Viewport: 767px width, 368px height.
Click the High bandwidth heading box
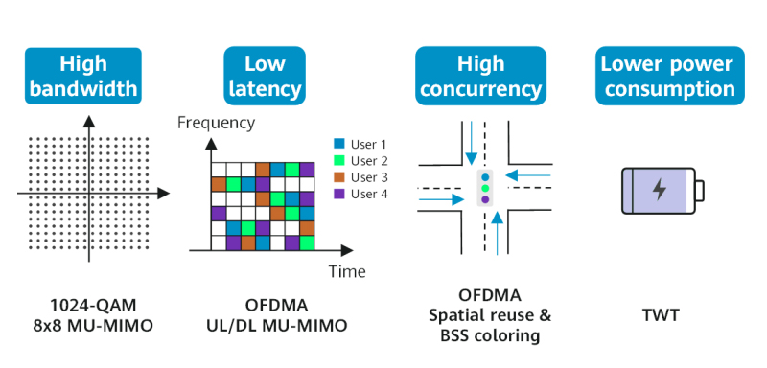tap(83, 77)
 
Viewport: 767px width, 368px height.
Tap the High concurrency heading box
tap(480, 77)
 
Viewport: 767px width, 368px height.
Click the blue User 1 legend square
tap(338, 145)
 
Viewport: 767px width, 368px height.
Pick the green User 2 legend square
tap(338, 161)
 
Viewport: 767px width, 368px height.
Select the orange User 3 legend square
tap(338, 177)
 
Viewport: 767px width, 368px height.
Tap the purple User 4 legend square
tap(338, 194)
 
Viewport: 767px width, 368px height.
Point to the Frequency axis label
tap(217, 123)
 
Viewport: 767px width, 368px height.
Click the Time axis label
tap(347, 271)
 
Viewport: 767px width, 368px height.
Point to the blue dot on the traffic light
tap(485, 177)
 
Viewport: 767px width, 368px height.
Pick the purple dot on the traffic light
tap(485, 200)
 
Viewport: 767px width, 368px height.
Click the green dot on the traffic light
tap(485, 189)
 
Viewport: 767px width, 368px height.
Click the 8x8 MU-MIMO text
tap(85, 326)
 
